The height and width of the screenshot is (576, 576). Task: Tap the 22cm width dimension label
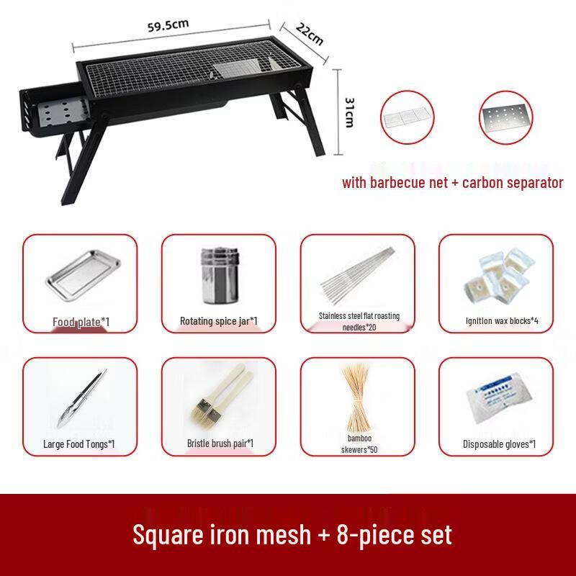point(308,32)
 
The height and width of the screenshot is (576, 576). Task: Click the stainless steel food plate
point(80,278)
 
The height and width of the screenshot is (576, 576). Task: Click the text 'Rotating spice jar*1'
point(218,320)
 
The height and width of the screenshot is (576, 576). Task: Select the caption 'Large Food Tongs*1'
point(80,444)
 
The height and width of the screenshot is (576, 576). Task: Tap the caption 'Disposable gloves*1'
point(498,444)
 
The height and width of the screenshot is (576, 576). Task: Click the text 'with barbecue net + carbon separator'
point(452,182)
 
